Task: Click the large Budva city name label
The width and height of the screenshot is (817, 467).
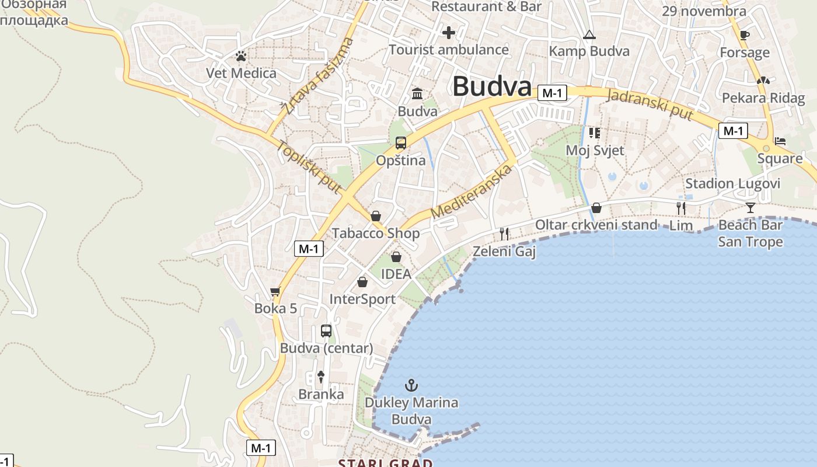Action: tap(492, 86)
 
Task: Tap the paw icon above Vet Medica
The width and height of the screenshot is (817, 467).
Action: tap(241, 56)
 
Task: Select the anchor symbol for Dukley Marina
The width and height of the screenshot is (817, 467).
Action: tap(412, 385)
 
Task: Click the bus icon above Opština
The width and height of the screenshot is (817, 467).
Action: tap(401, 143)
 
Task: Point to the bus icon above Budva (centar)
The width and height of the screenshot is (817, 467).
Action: tap(326, 331)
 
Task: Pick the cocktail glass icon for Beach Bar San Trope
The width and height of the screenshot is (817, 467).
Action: tap(750, 207)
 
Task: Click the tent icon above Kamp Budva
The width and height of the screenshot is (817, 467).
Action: tap(589, 35)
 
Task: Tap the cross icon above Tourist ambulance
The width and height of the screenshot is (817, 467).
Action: tap(448, 33)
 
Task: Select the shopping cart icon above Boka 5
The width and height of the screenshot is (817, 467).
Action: tap(275, 291)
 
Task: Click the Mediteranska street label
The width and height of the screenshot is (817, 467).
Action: tap(472, 192)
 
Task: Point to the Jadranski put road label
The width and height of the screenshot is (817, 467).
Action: tap(650, 104)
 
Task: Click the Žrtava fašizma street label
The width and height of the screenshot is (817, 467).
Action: tap(317, 75)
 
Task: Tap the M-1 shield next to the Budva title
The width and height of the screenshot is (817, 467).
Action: tap(552, 93)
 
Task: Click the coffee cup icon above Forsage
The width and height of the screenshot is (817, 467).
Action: tap(744, 35)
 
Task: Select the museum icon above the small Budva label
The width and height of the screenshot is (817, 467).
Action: tap(418, 93)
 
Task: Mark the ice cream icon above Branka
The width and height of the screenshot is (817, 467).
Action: tap(320, 377)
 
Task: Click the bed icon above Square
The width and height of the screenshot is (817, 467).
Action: tap(780, 141)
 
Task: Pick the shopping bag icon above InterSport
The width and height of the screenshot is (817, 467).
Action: tap(362, 282)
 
